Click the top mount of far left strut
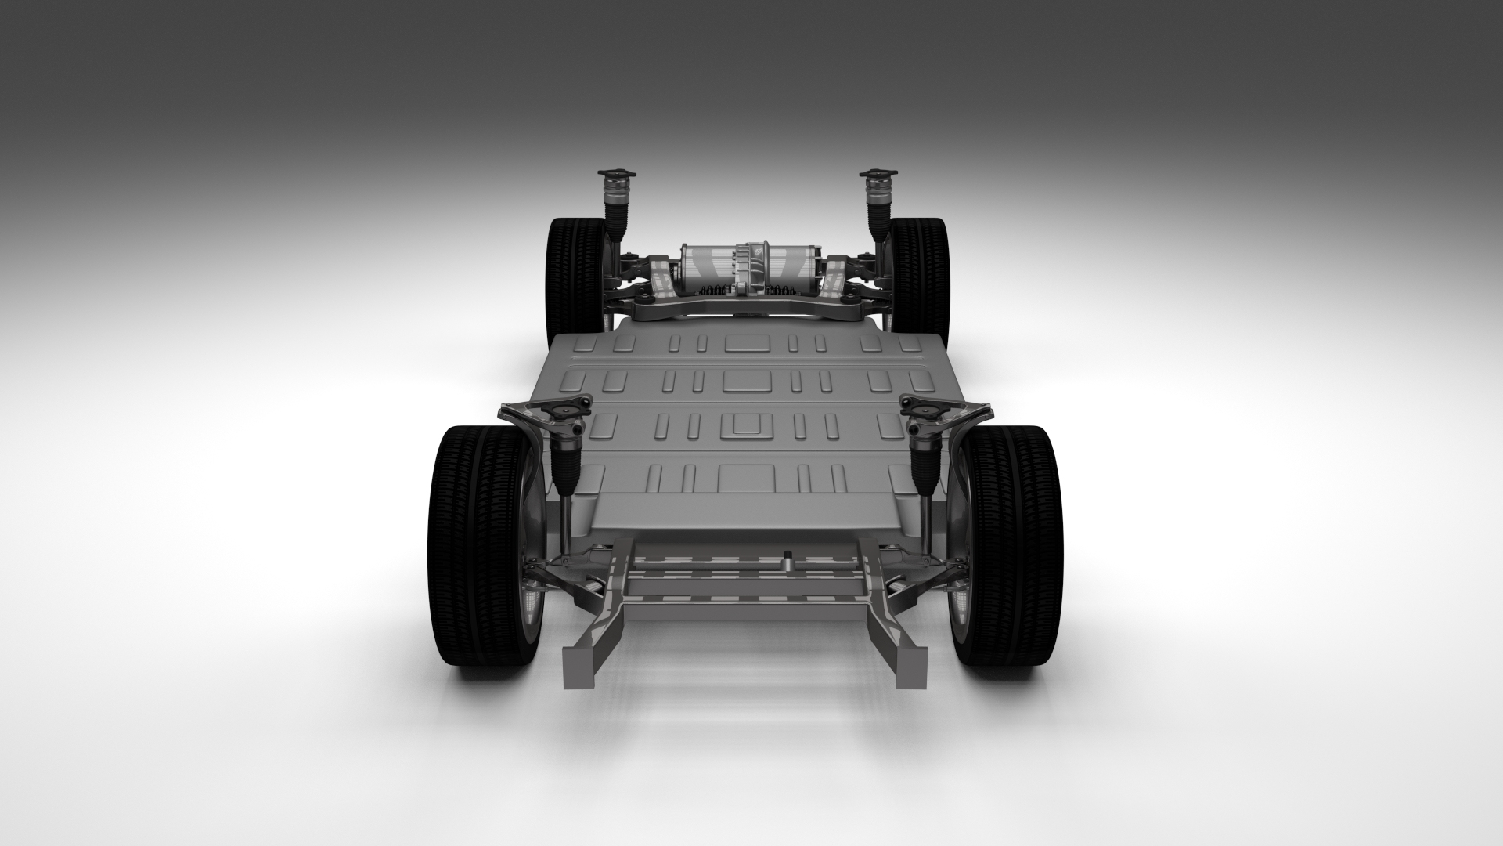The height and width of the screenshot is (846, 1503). [615, 173]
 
